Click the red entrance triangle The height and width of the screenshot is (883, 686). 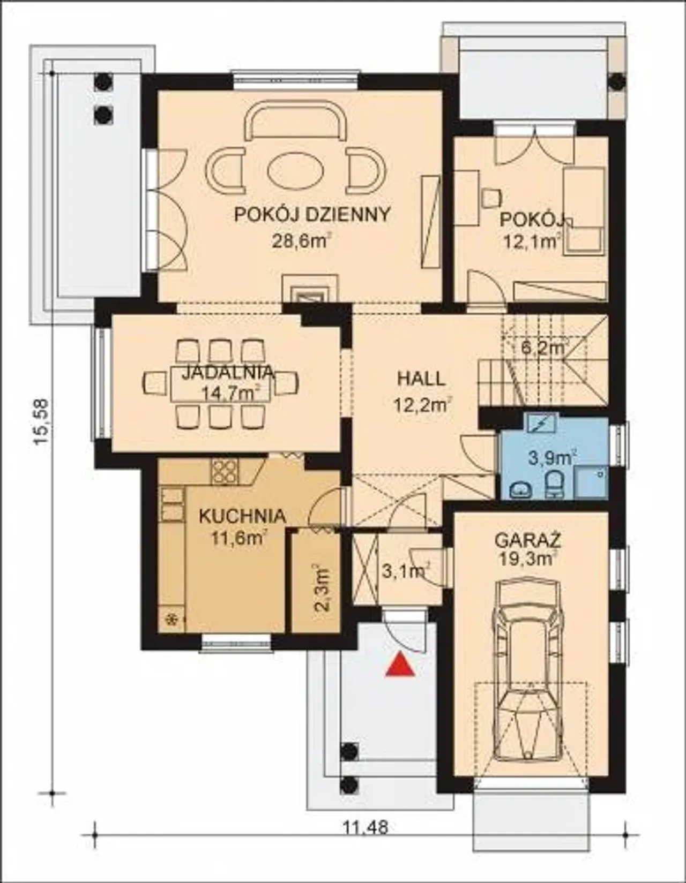point(400,665)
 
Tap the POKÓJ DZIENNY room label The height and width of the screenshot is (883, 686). point(312,215)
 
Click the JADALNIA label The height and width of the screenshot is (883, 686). point(227,373)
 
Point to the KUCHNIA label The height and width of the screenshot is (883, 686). point(242,517)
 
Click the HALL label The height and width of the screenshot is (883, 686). point(421,380)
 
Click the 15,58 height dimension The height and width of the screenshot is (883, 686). point(41,422)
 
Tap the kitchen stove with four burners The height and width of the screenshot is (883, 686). point(225,472)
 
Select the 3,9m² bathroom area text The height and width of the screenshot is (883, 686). point(553,458)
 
